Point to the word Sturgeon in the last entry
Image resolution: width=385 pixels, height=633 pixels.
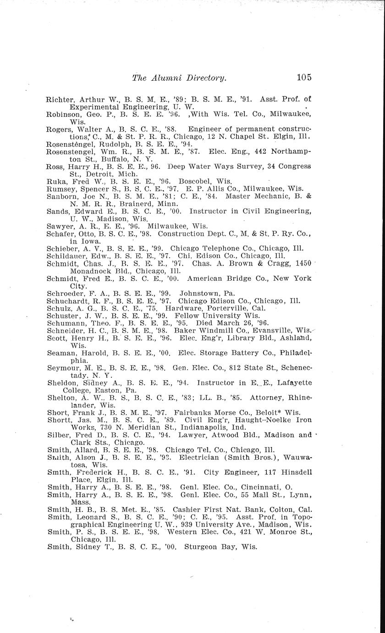click(200, 546)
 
